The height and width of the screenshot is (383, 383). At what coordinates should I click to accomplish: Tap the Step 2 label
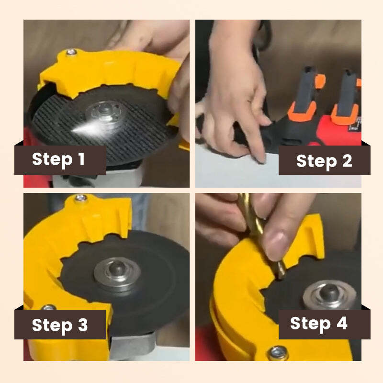click(x=324, y=161)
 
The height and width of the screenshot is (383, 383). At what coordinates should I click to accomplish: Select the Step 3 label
click(x=59, y=325)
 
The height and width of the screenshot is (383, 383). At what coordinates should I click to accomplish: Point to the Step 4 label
click(x=318, y=324)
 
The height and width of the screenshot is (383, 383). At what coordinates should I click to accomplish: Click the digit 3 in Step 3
click(x=82, y=326)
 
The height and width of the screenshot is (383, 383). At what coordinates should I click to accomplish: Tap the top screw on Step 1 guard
click(x=71, y=52)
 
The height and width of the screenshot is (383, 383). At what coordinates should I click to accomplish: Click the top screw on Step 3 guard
click(x=81, y=197)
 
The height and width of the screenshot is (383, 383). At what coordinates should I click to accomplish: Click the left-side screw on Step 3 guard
click(x=47, y=307)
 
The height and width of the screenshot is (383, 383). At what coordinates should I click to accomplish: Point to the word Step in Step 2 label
click(x=314, y=161)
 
